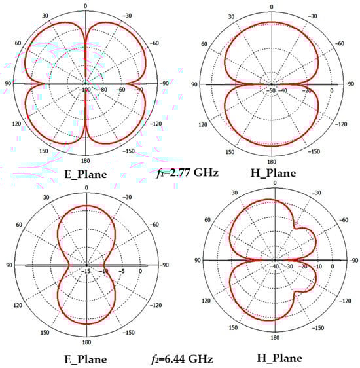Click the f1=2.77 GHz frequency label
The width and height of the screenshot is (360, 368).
tap(188, 174)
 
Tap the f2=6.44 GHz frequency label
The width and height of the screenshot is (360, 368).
tap(182, 359)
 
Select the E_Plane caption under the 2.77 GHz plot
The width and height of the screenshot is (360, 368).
tap(86, 175)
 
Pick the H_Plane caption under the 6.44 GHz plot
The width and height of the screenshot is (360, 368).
tap(279, 358)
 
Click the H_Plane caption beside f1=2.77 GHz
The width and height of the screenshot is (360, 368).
tap(273, 174)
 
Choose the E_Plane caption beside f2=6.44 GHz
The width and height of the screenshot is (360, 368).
tap(86, 359)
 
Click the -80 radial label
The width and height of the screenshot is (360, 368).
tap(102, 90)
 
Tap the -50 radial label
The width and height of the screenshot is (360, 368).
tap(271, 90)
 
